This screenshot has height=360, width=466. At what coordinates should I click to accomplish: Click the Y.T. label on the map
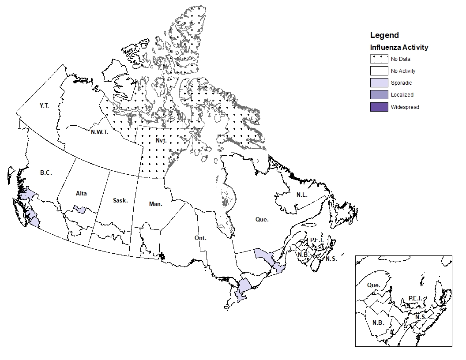(x=43, y=106)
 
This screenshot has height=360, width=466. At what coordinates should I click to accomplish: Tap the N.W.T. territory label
(x=100, y=132)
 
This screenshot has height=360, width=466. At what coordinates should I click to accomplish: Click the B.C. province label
(x=45, y=173)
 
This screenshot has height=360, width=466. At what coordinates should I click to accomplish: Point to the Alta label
(x=81, y=194)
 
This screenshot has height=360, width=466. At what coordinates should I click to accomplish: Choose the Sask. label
(x=120, y=201)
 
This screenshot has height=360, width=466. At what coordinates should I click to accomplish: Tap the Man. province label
(x=155, y=204)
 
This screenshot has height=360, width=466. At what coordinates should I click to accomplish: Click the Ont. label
(x=200, y=238)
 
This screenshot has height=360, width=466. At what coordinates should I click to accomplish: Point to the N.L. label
(x=302, y=195)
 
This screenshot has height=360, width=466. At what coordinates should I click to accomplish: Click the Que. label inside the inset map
(x=373, y=285)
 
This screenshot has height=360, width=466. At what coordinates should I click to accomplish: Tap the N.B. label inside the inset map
(x=378, y=322)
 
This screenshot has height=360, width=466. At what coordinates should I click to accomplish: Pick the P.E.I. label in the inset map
(x=415, y=299)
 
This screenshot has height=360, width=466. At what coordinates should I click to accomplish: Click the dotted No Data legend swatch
(x=379, y=59)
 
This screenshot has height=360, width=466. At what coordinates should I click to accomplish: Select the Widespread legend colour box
(x=379, y=107)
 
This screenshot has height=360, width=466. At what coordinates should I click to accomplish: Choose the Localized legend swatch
(x=379, y=95)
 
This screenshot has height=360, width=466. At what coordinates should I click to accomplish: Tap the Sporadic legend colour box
(x=379, y=83)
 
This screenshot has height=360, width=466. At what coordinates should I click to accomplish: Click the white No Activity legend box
(x=379, y=71)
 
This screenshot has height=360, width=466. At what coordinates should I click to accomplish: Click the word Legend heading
(x=384, y=35)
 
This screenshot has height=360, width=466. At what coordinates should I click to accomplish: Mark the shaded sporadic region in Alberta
(x=80, y=209)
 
